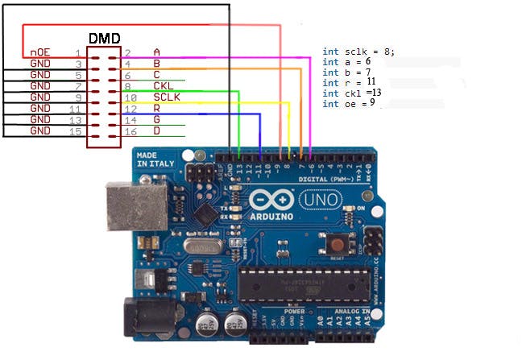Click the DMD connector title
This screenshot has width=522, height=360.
[105, 39]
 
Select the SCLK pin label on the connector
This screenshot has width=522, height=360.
[166, 97]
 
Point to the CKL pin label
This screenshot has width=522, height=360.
[163, 85]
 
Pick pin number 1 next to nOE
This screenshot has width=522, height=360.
[78, 52]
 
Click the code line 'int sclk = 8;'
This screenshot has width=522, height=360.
[358, 52]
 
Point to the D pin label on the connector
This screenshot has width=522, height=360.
[156, 130]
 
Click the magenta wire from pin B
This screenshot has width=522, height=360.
[242, 58]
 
